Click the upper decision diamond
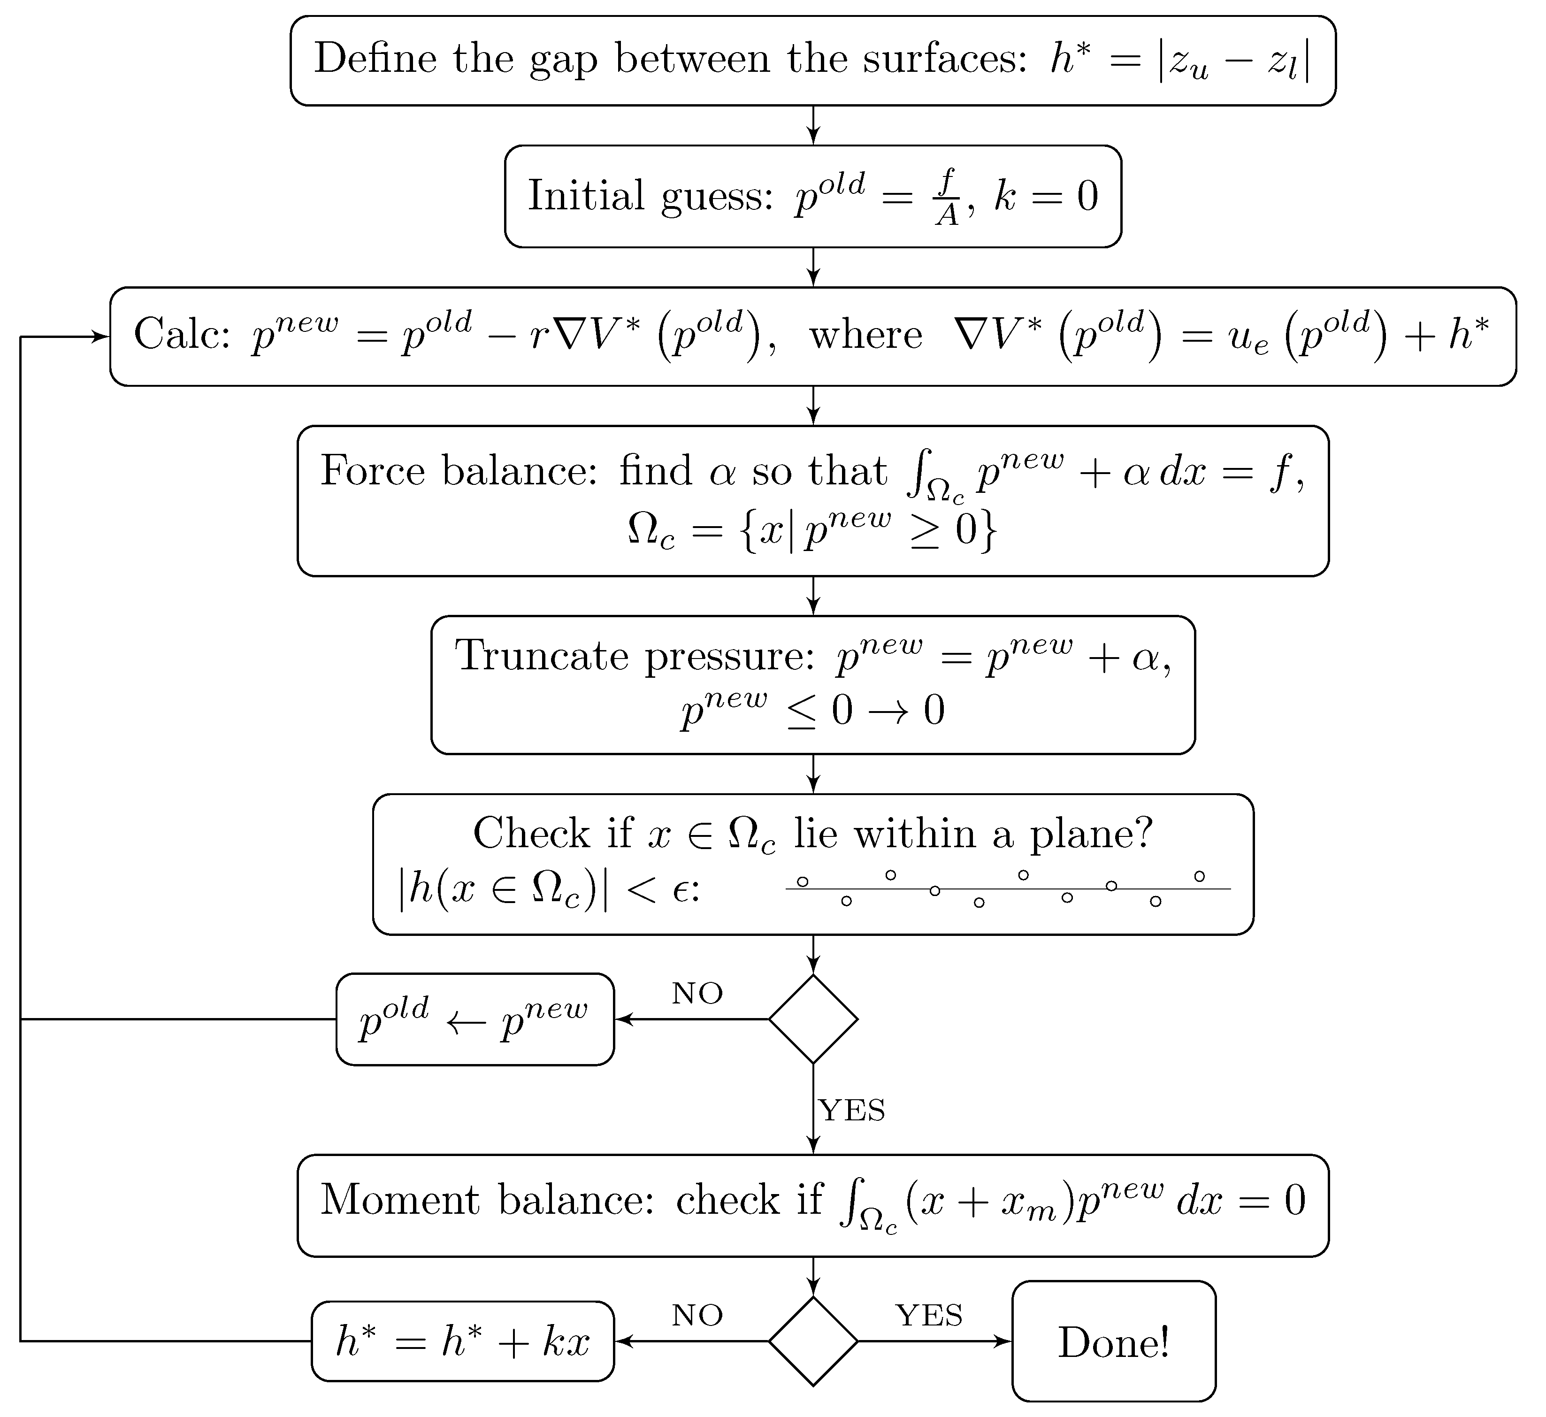point(813,1019)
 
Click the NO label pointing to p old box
point(697,994)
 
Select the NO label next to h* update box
point(697,1316)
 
